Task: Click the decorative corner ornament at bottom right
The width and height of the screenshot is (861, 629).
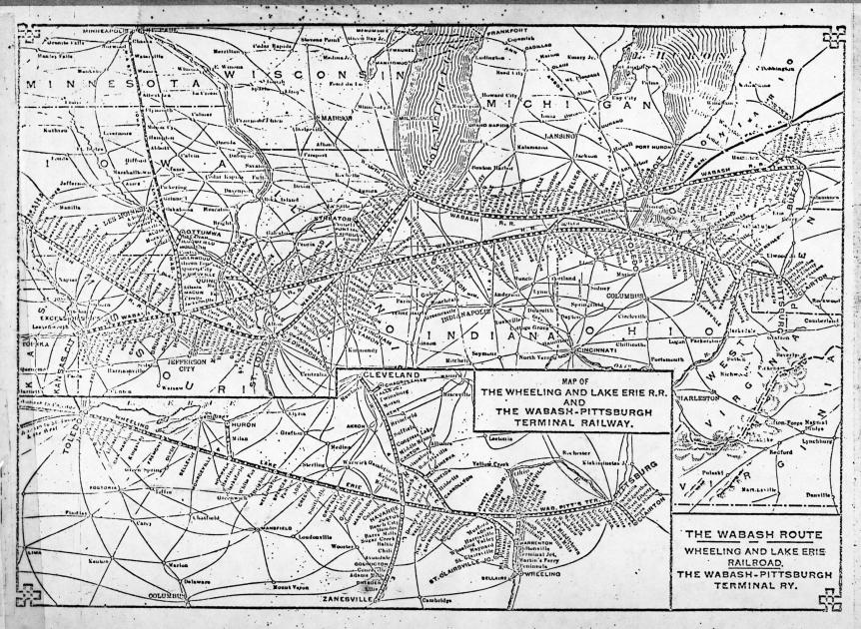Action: [828, 599]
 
